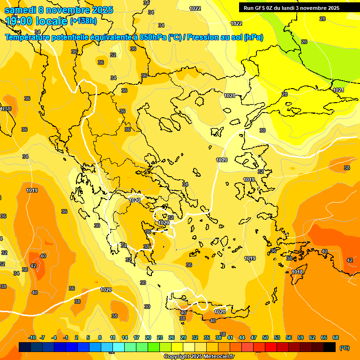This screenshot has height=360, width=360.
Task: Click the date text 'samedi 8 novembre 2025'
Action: pyautogui.click(x=59, y=10)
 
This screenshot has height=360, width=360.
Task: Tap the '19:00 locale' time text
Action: pyautogui.click(x=37, y=21)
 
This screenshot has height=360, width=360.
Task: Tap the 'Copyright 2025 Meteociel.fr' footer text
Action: pyautogui.click(x=199, y=357)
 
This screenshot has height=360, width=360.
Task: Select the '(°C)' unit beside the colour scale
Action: pyautogui.click(x=344, y=348)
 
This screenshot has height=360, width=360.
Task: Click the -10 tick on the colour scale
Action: pyautogui.click(x=32, y=338)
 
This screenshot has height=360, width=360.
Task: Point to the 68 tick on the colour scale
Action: pyautogui.click(x=336, y=338)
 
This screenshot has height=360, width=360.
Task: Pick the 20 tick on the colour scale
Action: pyautogui.click(x=148, y=338)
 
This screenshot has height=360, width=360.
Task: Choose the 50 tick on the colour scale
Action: pyautogui.click(x=265, y=338)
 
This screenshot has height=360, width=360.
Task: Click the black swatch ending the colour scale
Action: pyautogui.click(x=330, y=347)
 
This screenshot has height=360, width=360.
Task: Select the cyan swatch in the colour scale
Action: pyautogui.click(x=119, y=347)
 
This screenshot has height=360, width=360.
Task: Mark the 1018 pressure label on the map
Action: pyautogui.click(x=297, y=272)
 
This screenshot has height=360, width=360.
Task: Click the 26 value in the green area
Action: pyautogui.click(x=304, y=42)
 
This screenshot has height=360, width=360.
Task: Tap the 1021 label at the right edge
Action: pyautogui.click(x=338, y=90)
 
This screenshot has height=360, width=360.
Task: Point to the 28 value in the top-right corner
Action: pyautogui.click(x=322, y=19)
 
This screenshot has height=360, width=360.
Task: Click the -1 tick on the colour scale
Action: pyautogui.click(x=66, y=338)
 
